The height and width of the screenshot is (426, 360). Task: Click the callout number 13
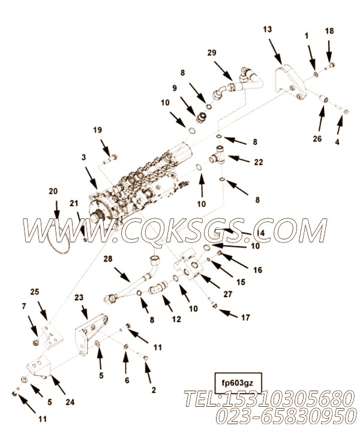point(267,29)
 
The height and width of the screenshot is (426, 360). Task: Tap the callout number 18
point(329,31)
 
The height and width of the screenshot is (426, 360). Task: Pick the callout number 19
point(97,130)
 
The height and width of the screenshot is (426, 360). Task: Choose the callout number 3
point(84,157)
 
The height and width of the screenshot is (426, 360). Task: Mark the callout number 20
point(53,191)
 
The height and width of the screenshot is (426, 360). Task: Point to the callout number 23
point(79,297)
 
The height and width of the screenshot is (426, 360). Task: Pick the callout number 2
point(154,389)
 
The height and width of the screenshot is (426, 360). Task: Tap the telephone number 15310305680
point(281,398)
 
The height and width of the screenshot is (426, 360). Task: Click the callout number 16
point(257,270)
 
